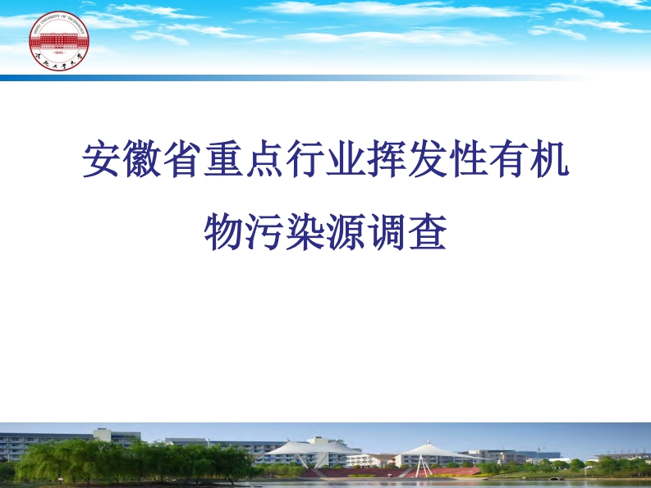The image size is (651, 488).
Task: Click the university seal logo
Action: coord(58,41)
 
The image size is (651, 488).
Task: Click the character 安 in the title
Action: coord(103,161)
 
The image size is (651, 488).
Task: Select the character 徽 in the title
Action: coord(144,161)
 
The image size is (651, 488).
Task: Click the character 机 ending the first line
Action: coord(548,161)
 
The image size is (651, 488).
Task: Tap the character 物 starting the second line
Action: coord(224,232)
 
